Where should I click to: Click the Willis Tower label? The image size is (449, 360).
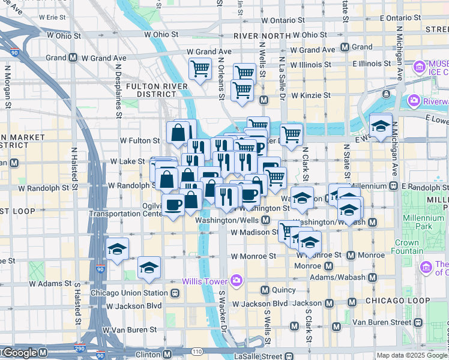click(x=205, y=281)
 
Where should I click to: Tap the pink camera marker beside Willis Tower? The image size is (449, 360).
click(x=237, y=280)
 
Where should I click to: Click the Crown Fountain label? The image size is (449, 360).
click(x=407, y=247)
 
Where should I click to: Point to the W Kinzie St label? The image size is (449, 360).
click(x=311, y=95)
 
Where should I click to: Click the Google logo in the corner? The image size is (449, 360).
click(x=19, y=353)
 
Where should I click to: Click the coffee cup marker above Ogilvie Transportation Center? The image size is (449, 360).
click(x=173, y=205)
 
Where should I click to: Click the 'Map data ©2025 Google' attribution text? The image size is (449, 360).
click(x=412, y=355)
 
